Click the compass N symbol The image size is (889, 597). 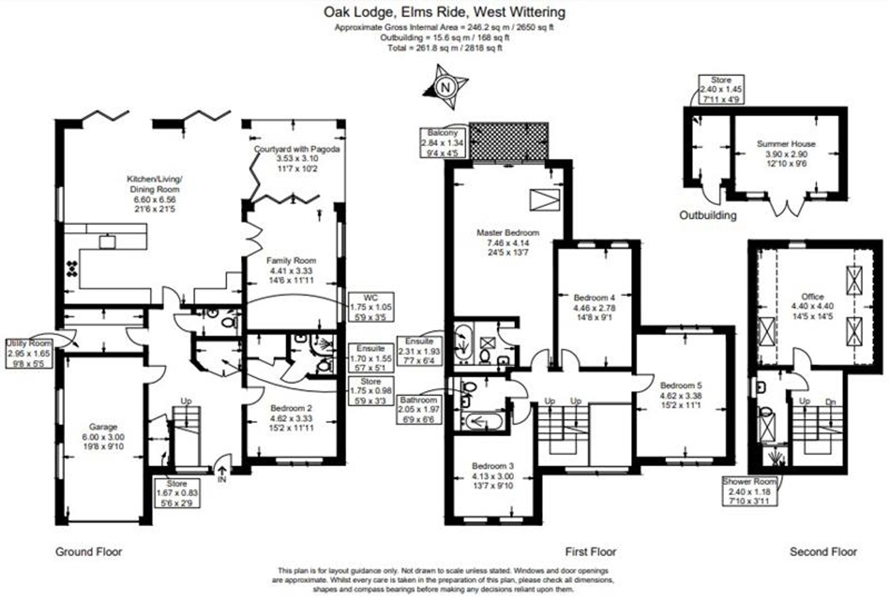tap(445, 87)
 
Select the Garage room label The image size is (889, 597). tap(103, 437)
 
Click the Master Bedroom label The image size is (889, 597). tap(508, 242)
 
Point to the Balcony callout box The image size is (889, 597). tap(443, 143)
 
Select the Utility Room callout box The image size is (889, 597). tap(29, 353)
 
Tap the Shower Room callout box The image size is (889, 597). tap(749, 491)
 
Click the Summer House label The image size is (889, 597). tap(786, 153)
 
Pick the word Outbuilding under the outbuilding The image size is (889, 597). tap(708, 216)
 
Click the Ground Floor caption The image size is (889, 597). tap(88, 552)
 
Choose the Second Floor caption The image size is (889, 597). tap(823, 552)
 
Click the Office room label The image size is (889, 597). tap(812, 306)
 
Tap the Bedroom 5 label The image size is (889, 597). tap(681, 395)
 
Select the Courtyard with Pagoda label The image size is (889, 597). tap(296, 158)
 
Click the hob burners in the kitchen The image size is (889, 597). tap(72, 268)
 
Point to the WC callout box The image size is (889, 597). tap(371, 307)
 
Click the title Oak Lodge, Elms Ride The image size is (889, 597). tap(444, 12)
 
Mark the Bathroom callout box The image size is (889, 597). tap(418, 409)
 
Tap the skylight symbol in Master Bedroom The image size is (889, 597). tap(545, 200)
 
